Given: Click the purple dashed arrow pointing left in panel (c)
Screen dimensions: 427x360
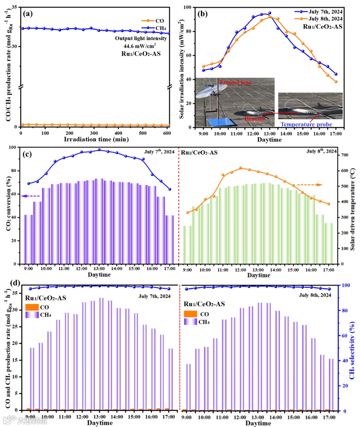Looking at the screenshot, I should tap(30, 196).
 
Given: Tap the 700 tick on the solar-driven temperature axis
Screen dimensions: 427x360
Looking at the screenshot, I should tap(344, 155).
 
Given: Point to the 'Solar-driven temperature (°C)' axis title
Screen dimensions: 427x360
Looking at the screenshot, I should tap(354, 205).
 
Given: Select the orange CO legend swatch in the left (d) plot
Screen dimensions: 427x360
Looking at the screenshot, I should tap(32, 307).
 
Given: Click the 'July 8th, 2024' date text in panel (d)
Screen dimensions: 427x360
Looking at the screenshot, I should tap(315, 295).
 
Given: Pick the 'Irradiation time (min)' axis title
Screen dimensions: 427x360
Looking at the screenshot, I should tap(92, 139).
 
